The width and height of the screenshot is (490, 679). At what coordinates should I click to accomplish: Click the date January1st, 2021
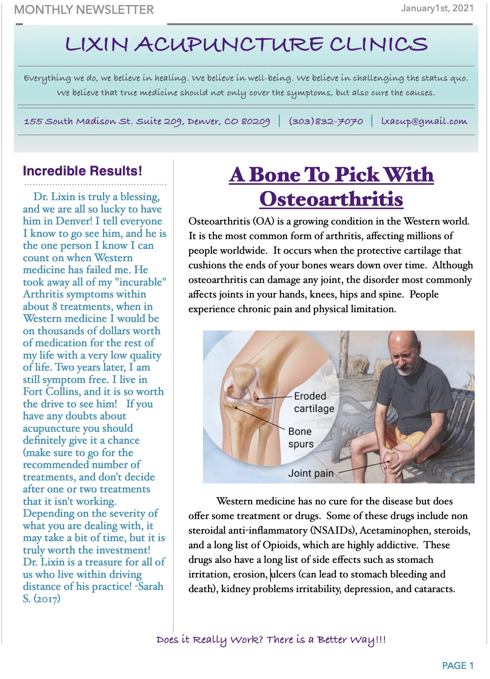[437, 8]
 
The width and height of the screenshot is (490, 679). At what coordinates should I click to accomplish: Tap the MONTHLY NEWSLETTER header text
[84, 10]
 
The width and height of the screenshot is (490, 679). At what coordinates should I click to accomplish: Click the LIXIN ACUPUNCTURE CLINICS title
[246, 44]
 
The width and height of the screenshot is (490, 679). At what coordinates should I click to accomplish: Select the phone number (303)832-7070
[326, 121]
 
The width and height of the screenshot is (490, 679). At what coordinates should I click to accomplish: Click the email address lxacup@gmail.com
[424, 121]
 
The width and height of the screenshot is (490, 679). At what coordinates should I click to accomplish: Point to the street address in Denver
[146, 121]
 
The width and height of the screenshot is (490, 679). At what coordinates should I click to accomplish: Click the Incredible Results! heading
[82, 171]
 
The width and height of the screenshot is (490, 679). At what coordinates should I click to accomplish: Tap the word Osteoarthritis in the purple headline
[331, 199]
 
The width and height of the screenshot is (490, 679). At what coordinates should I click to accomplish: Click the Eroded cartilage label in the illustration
[313, 402]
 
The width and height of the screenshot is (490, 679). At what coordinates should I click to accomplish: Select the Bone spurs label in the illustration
[300, 437]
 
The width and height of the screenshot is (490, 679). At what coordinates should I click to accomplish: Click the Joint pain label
[311, 473]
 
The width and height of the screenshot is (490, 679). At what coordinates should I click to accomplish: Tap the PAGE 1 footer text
[457, 666]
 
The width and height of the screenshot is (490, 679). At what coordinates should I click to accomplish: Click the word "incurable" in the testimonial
[142, 282]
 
